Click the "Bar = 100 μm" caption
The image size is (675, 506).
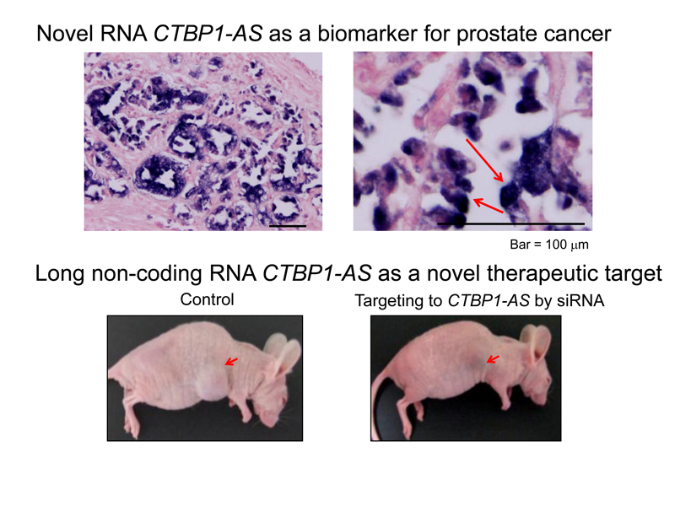(x=549, y=245)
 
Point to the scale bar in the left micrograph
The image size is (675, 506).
(x=288, y=226)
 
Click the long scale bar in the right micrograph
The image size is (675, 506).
(x=510, y=223)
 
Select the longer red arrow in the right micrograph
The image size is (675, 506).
(x=484, y=160)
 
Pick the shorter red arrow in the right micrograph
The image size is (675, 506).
(x=488, y=205)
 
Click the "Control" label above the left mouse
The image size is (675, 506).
(x=207, y=299)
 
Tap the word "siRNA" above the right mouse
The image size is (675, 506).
(x=580, y=300)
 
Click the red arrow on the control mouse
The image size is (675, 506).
(x=231, y=362)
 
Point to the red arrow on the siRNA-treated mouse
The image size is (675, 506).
(x=493, y=359)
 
